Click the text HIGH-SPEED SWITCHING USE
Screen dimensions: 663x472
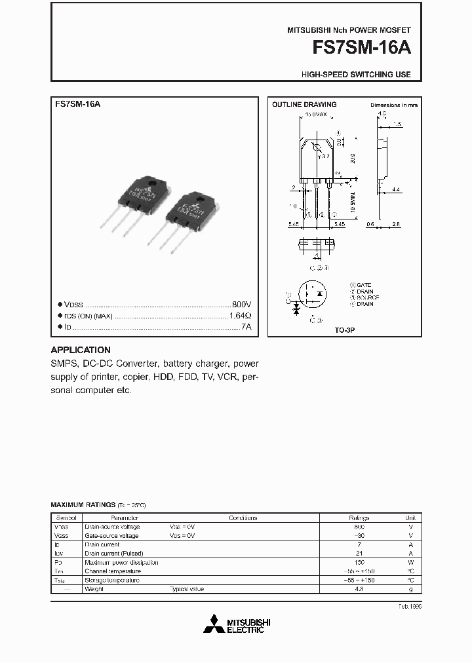(356, 75)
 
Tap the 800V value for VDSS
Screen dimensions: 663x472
(241, 305)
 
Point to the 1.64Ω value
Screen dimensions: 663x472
(240, 316)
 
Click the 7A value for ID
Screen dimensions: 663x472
(246, 326)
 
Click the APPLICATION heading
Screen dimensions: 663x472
(81, 350)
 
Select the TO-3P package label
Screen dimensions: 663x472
(345, 331)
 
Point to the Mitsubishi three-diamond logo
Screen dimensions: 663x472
(213, 624)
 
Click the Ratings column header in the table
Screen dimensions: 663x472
(359, 518)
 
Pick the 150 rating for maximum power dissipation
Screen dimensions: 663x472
(359, 562)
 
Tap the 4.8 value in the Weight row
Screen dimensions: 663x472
(359, 589)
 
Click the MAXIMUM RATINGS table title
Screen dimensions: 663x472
(83, 505)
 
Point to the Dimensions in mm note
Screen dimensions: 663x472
(393, 105)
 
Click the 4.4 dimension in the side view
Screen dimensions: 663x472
(397, 189)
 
